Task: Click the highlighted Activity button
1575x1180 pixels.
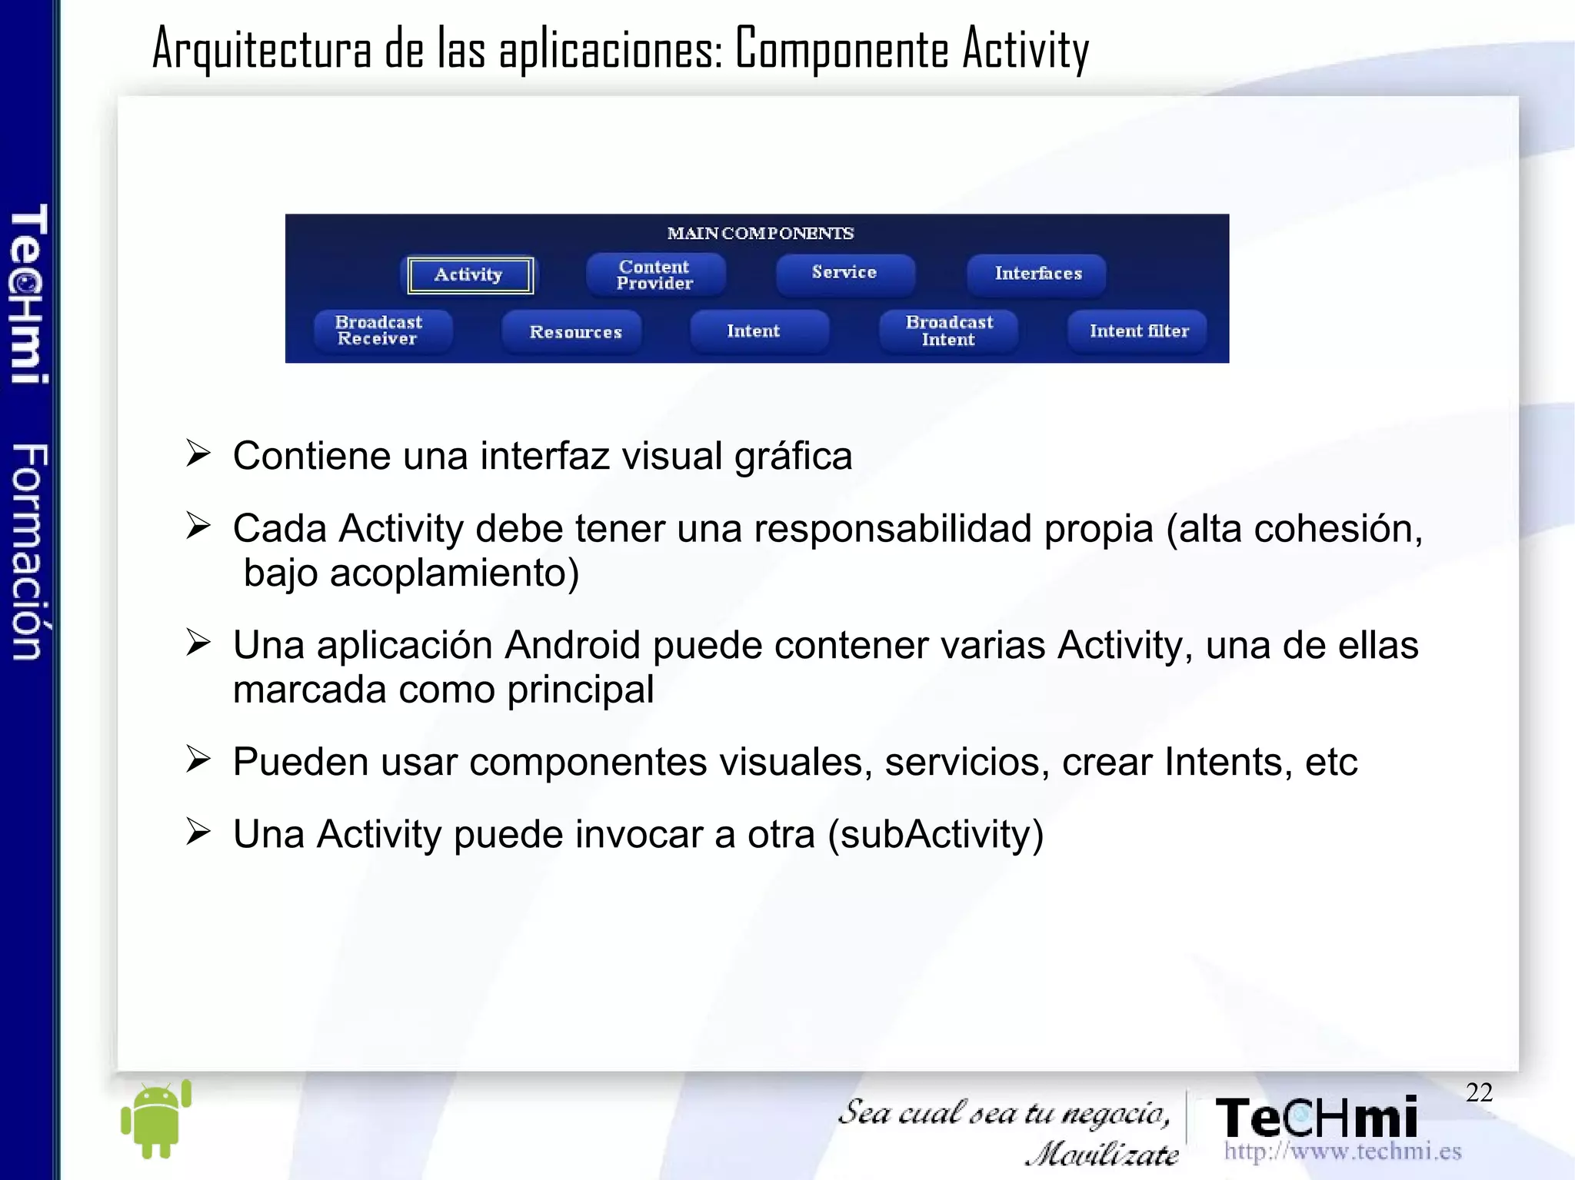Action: [470, 275]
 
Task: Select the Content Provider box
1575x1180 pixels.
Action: [655, 274]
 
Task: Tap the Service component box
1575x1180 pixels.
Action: [844, 273]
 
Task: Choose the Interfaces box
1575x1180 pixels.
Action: [1037, 274]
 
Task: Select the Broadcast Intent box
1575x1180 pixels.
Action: [949, 331]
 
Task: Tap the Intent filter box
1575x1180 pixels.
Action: [1138, 331]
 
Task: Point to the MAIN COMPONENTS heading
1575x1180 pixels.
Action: [760, 233]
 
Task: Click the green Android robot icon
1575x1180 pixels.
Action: [156, 1119]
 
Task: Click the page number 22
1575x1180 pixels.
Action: [1479, 1092]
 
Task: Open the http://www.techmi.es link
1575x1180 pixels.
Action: [1342, 1152]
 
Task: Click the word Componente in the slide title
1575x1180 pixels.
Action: [841, 49]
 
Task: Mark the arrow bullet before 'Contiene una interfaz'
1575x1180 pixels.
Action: [198, 454]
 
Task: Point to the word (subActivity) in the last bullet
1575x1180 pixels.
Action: [935, 835]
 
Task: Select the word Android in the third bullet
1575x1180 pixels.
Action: [571, 645]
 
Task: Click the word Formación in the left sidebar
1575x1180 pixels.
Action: [30, 551]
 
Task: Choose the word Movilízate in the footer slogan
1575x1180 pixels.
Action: [1102, 1154]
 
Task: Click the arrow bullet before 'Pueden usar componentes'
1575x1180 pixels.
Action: [198, 760]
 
